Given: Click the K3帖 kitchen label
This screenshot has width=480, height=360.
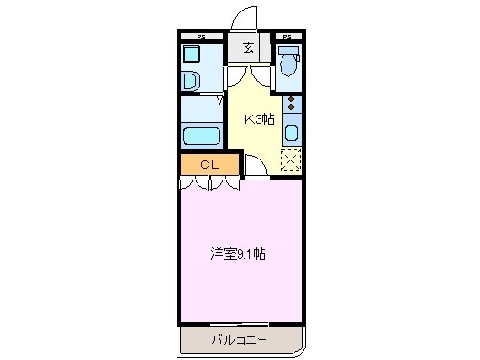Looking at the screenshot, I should pos(260,119).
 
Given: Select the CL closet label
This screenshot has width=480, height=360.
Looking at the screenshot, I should pos(209,165).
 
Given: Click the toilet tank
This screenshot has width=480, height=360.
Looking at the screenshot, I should pos(288,51).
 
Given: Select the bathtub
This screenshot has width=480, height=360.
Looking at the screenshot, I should pos(201,135).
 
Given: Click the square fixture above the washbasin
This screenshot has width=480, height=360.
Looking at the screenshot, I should pos(193,55).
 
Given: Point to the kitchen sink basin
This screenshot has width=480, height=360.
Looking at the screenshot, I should pos(292,133).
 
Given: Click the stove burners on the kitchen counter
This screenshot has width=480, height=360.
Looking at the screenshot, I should pos(292,106).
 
